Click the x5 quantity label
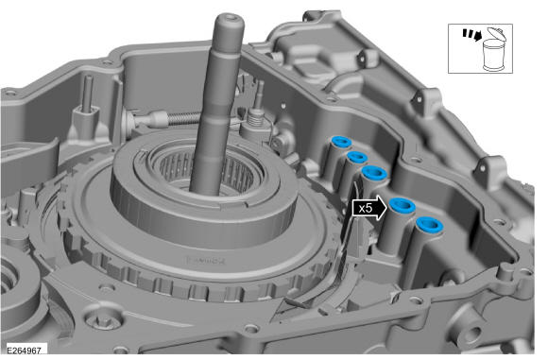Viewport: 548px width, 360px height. (366, 209)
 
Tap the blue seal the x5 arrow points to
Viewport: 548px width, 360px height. (402, 205)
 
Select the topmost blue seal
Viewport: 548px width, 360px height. (341, 142)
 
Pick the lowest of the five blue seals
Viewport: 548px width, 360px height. (430, 224)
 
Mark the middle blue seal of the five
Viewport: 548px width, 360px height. (374, 173)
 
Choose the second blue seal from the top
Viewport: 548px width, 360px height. (357, 157)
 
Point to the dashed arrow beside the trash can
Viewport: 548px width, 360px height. (472, 34)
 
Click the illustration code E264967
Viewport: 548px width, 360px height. (25, 351)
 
